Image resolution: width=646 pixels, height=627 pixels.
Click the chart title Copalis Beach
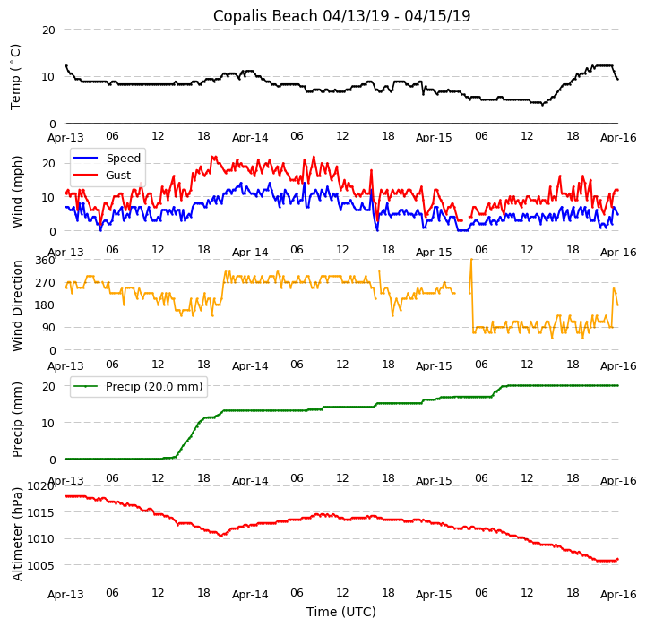point(341,16)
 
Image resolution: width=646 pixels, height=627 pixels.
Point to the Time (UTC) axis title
point(341,612)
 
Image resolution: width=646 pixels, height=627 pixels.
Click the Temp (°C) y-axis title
point(16,76)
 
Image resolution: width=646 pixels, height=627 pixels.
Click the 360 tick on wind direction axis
point(46,261)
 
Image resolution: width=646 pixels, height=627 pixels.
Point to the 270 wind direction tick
point(46,283)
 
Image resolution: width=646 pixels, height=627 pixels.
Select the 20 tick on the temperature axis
point(48,30)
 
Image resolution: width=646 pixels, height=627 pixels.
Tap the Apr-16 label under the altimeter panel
point(618,594)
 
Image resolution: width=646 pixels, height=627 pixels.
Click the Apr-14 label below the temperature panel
point(250,138)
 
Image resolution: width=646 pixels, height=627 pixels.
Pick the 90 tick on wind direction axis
point(48,329)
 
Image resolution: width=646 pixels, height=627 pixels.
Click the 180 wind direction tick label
point(46,305)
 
